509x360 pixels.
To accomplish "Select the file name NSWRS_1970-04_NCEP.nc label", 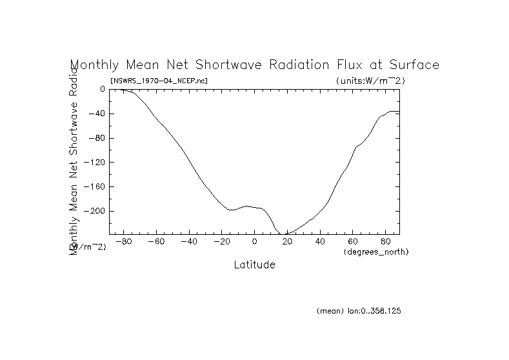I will (159, 81).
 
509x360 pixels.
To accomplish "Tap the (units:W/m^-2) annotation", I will (370, 81).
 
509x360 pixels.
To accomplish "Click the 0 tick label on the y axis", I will (103, 89).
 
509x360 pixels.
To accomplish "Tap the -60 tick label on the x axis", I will (155, 242).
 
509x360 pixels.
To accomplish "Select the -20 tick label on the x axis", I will (221, 242).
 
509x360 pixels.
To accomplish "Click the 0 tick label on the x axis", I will (255, 242).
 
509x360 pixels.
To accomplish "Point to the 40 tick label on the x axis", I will (321, 242).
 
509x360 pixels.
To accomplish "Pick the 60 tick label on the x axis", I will (354, 242).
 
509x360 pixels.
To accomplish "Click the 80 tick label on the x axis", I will (386, 242).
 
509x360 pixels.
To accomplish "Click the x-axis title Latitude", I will (254, 265).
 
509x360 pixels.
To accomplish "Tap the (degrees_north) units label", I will (377, 252).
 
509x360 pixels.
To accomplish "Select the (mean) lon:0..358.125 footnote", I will (359, 311).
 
